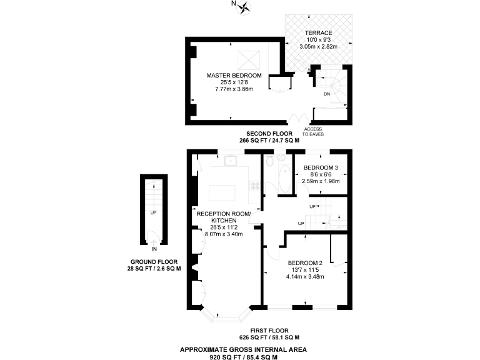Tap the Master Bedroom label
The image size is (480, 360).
click(234, 75)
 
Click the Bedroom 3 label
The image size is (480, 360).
click(321, 167)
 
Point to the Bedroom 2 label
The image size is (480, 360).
click(305, 262)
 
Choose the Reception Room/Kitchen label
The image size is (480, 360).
click(223, 217)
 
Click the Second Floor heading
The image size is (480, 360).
click(269, 134)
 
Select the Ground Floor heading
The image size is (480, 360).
click(154, 262)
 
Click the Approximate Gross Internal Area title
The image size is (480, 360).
click(243, 349)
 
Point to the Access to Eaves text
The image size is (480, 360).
click(313, 131)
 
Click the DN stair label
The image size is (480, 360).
click(326, 94)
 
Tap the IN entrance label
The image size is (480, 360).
click(154, 247)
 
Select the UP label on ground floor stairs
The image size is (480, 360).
click(153, 212)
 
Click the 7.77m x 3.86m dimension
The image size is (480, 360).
click(234, 89)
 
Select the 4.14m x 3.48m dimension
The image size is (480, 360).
click(305, 276)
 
